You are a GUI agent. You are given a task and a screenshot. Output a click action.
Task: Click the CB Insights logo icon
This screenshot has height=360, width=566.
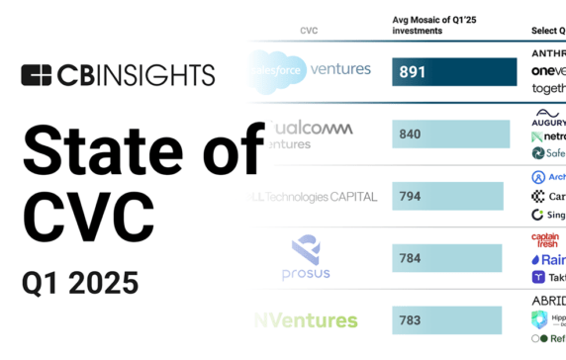coord(37,75)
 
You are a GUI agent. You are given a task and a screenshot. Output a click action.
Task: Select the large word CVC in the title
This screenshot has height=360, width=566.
coord(88,216)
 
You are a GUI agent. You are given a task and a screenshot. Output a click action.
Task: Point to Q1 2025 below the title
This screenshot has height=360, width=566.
coord(80,283)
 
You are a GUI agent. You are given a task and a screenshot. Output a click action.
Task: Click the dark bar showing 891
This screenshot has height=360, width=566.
coord(454,71)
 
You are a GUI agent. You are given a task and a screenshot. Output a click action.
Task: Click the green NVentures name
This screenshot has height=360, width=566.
coord(307,320)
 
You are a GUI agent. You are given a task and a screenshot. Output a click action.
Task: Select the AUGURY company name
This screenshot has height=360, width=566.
coord(549,121)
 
